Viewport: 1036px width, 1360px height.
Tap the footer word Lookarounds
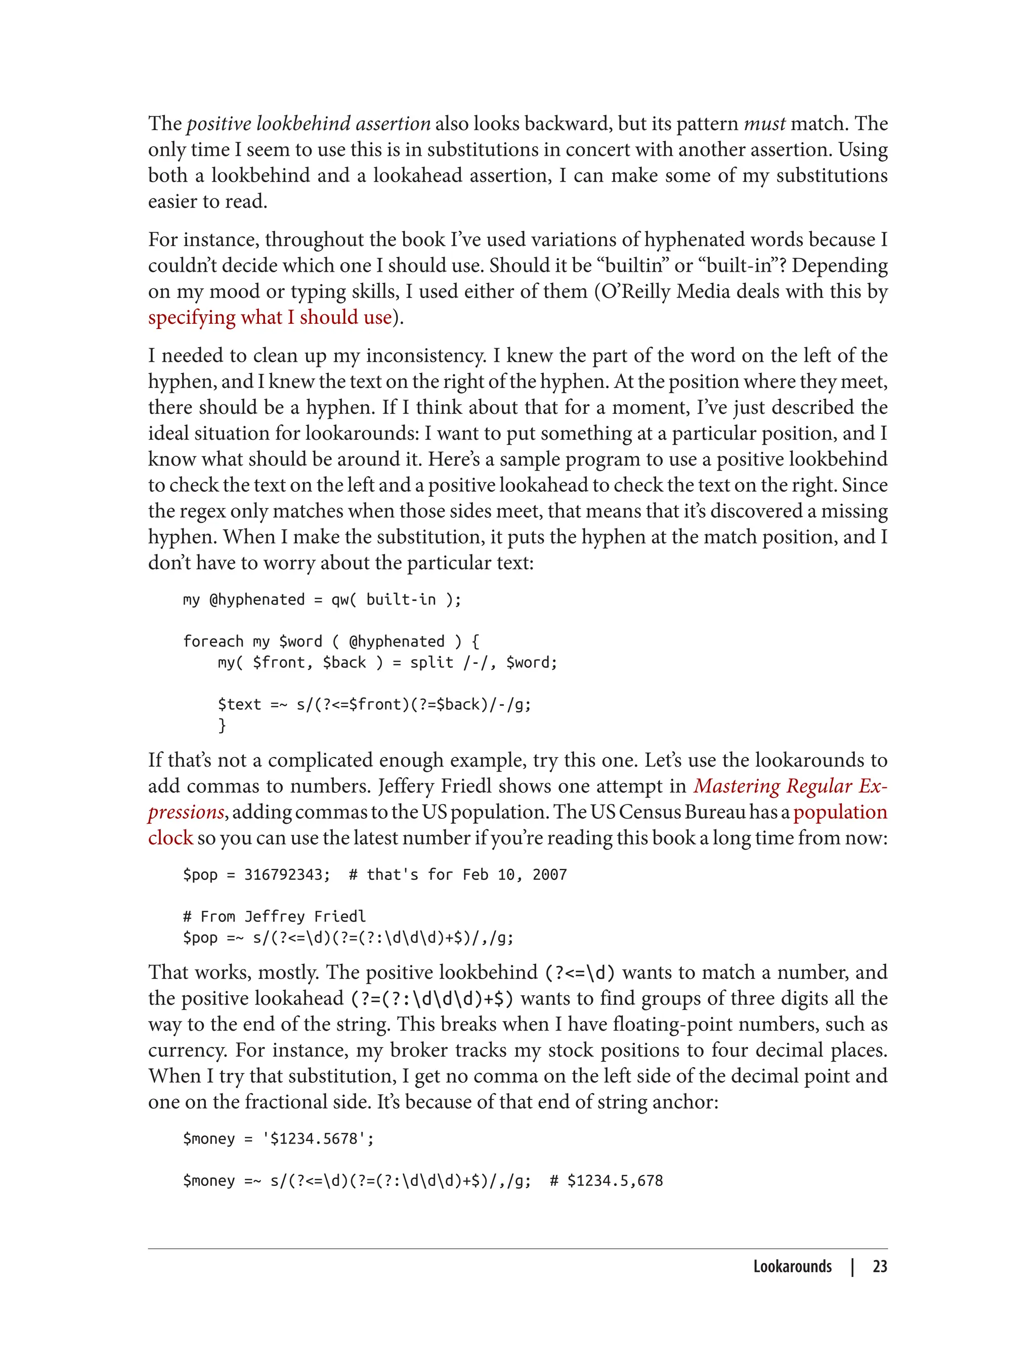coord(792,1267)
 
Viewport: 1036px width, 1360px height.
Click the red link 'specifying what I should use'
coord(270,317)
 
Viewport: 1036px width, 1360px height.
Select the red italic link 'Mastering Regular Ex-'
coord(791,786)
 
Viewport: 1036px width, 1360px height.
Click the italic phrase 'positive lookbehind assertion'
coord(309,123)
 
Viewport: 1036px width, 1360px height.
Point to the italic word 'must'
coord(765,123)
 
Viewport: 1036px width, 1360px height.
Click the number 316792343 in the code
coord(287,875)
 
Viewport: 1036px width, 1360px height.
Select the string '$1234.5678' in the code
coord(318,1138)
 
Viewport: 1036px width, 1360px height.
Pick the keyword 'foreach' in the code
coord(213,642)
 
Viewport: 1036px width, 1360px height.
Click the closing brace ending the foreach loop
coord(222,726)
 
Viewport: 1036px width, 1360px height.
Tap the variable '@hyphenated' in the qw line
coord(257,600)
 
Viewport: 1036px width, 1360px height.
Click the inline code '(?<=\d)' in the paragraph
coord(580,972)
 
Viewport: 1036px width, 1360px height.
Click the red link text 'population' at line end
coord(840,812)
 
